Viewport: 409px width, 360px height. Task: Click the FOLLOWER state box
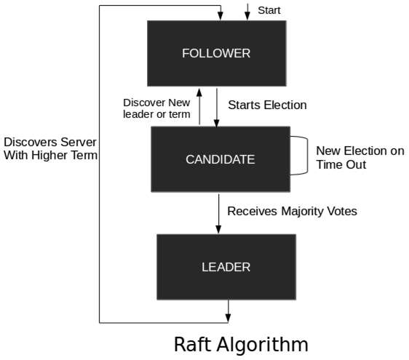pos(215,53)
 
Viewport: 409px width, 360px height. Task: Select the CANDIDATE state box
pos(220,159)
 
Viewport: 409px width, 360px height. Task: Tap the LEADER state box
pos(226,267)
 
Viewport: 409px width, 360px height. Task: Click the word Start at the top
pos(269,10)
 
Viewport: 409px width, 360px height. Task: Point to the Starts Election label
pos(267,105)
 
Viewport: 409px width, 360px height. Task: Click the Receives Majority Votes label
pos(292,212)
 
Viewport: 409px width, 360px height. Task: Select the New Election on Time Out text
pos(360,158)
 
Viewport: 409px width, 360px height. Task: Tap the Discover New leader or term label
pos(156,108)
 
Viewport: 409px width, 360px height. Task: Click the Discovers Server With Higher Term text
pos(49,148)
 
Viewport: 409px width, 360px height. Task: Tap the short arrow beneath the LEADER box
pos(229,311)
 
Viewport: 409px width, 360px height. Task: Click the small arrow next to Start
pos(248,11)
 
